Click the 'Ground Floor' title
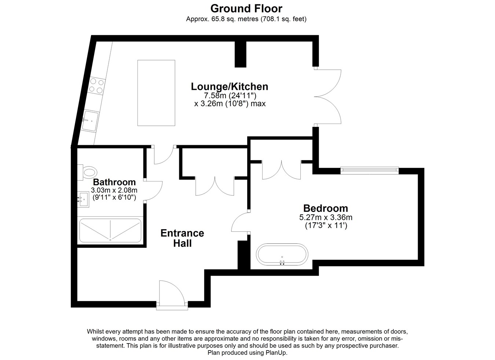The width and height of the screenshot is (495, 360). coord(246,9)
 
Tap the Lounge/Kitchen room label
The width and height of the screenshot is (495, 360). coord(230,87)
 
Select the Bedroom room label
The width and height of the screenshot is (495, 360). coord(326,208)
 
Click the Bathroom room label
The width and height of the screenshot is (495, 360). coord(114,182)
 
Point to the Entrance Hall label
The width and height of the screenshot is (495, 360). coord(182,238)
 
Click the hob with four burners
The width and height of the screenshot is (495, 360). coord(96,86)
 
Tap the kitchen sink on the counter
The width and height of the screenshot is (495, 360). coord(90,121)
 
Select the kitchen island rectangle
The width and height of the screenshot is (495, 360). coord(156,93)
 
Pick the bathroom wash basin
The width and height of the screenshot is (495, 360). coord(83,199)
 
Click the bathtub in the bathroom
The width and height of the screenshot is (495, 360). coord(110,231)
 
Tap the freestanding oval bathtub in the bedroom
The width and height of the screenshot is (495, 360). coord(282,254)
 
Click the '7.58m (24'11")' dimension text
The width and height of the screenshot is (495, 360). coord(230,96)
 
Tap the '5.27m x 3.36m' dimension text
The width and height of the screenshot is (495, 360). coord(326,217)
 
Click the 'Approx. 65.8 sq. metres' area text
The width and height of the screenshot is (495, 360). coord(222,19)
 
